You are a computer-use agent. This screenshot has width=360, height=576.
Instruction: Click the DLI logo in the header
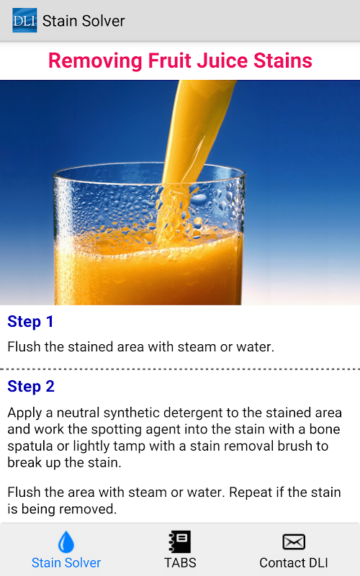24,20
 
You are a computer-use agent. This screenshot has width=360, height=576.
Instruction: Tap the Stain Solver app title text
84,21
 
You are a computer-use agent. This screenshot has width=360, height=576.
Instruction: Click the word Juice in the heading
222,60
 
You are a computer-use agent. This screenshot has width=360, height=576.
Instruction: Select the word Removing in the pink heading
95,61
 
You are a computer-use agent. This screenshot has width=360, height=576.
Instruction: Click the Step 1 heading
30,321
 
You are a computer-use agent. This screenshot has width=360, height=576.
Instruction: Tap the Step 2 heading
31,387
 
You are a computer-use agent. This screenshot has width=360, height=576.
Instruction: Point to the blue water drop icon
66,542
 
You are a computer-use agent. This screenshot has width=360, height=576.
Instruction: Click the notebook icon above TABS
179,541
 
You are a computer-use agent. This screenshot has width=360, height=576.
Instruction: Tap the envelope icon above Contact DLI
294,542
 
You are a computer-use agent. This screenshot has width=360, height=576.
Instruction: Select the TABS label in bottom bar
180,563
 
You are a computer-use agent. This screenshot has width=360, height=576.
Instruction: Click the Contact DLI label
294,563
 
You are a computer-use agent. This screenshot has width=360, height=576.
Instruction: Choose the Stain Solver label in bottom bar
66,563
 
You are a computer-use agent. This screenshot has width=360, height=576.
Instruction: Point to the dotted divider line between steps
180,369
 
